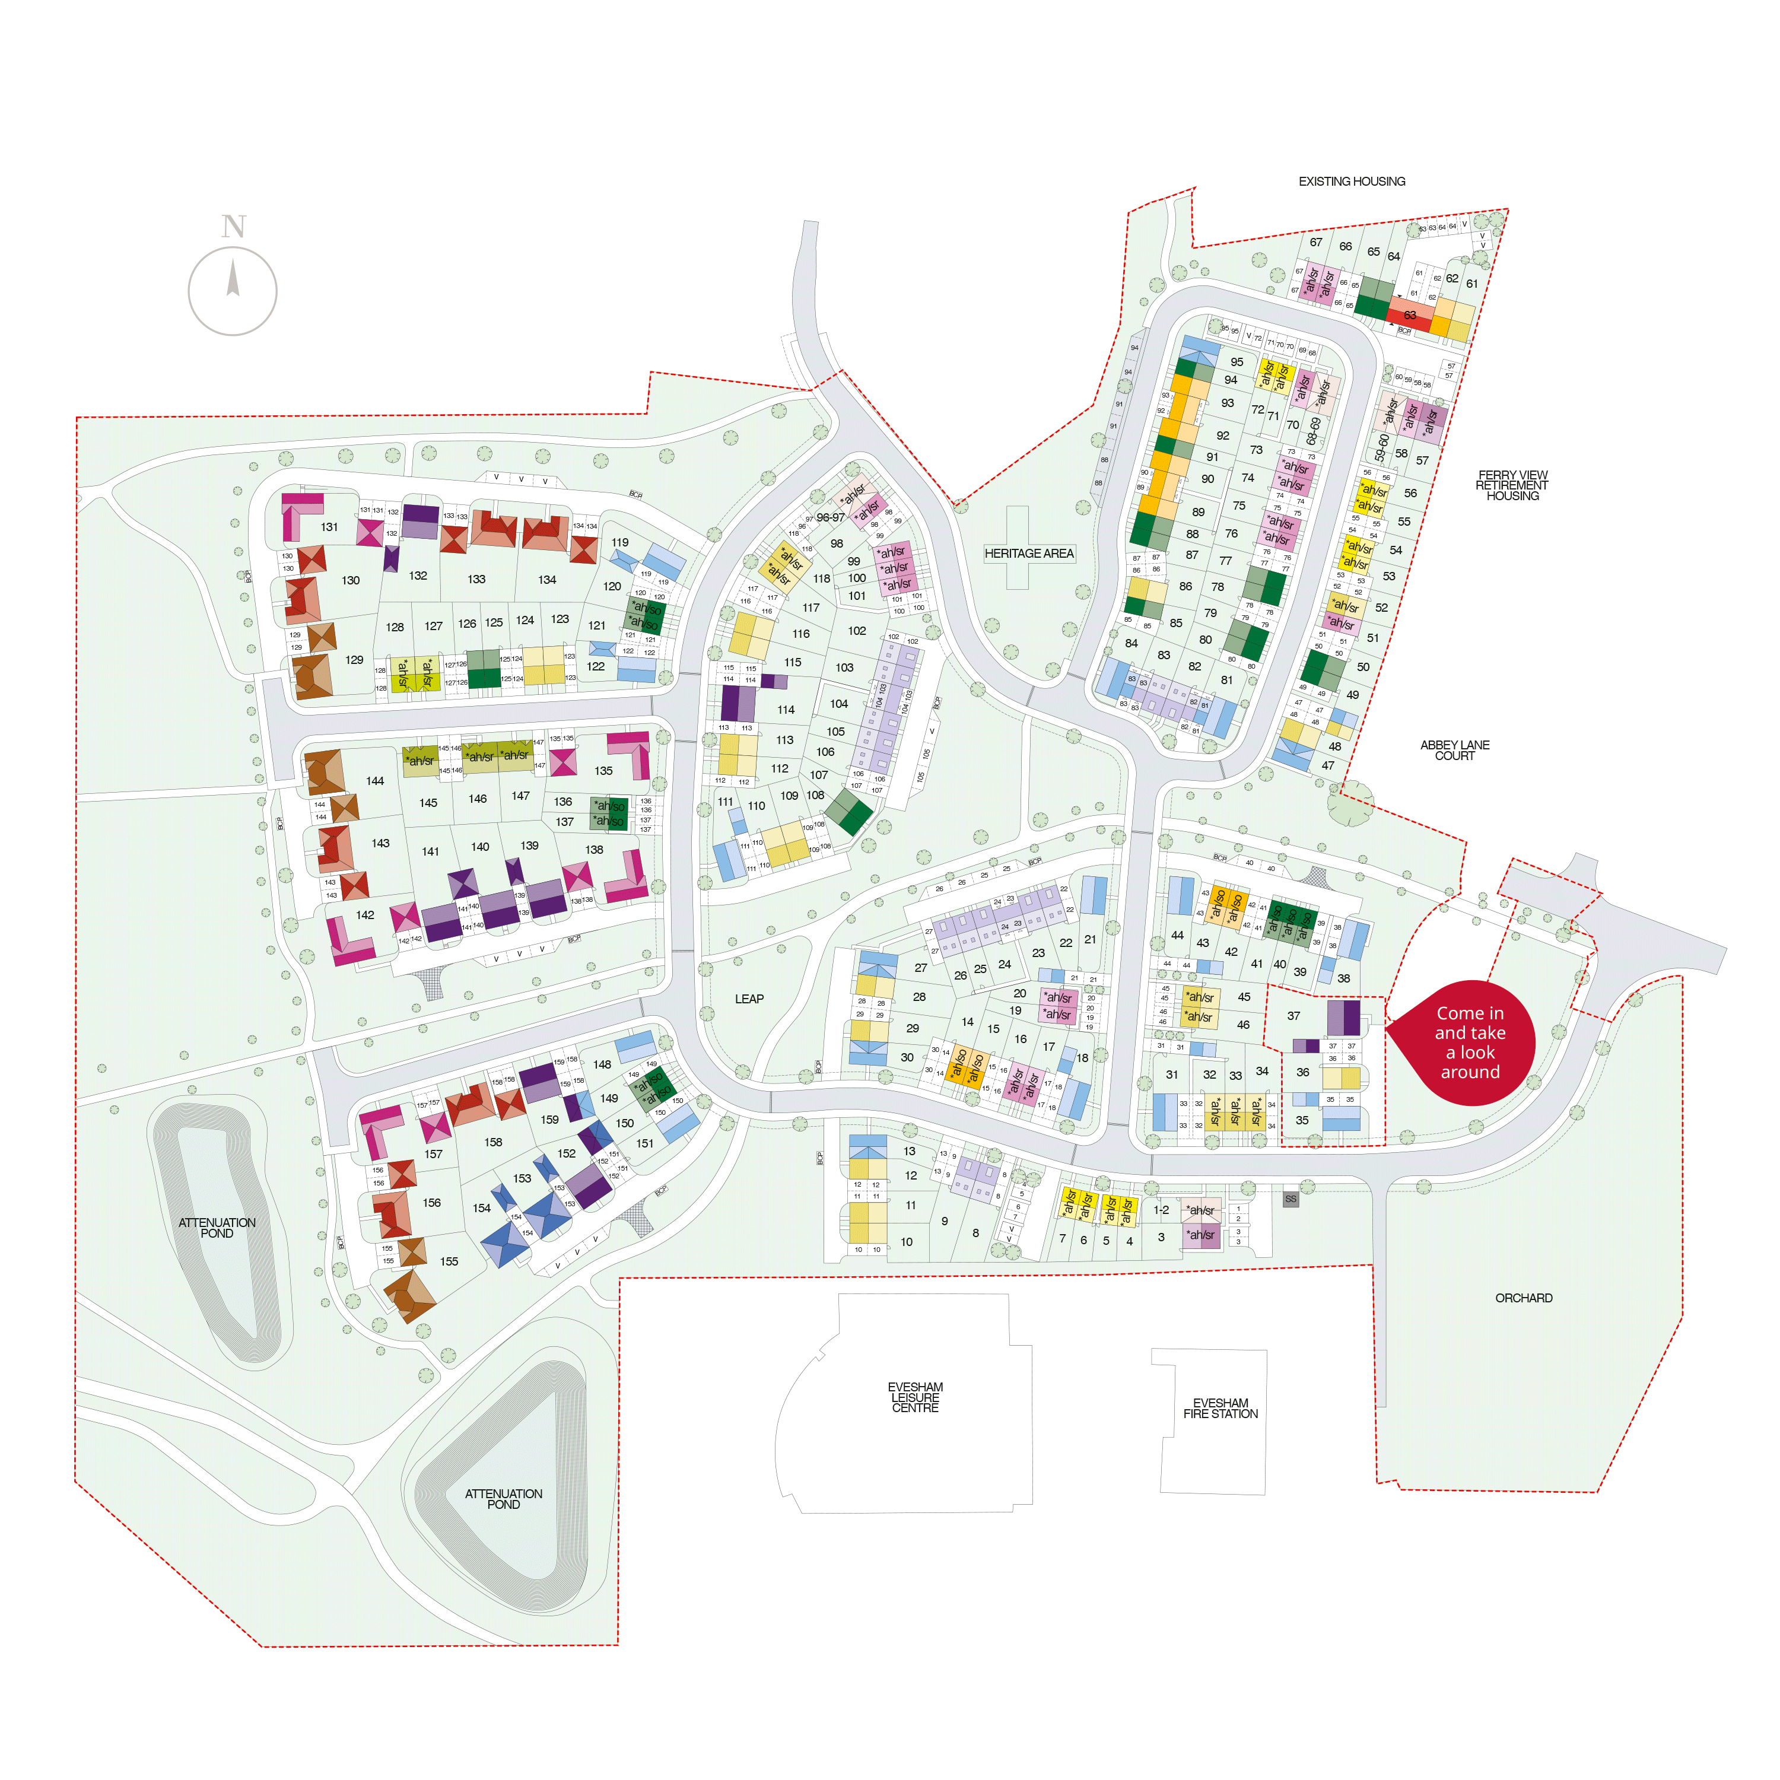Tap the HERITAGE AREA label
coord(1028,553)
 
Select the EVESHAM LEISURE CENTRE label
coord(915,1397)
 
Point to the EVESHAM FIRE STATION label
coord(1220,1408)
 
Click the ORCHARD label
coord(1523,1297)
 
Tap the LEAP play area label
coord(749,999)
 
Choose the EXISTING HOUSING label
coord(1352,182)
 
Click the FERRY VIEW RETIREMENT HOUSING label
coord(1512,485)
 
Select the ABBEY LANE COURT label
coord(1454,750)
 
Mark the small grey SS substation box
coord(1290,1199)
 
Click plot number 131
coord(329,527)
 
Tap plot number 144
coord(375,780)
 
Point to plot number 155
coord(449,1261)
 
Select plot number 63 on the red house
coord(1410,315)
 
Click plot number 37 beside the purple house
coord(1293,1015)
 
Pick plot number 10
coord(907,1242)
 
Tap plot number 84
coord(1131,643)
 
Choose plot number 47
coord(1328,765)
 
